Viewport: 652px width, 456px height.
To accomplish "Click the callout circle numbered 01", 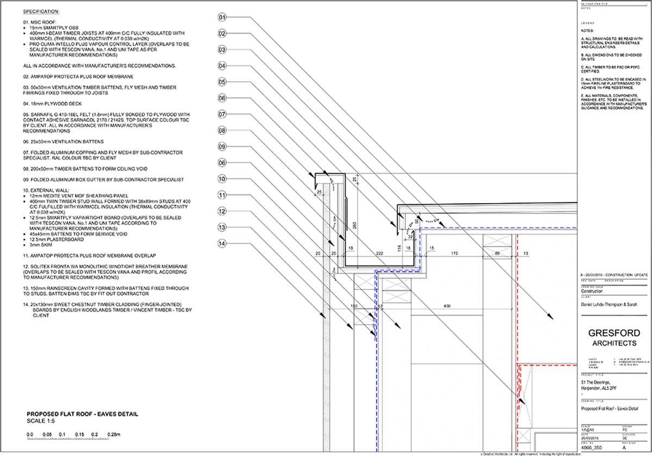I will coord(222,17).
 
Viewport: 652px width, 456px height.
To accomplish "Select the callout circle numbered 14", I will coord(222,244).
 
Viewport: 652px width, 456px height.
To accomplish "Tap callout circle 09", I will coord(222,147).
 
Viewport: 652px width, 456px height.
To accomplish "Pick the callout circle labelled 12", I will coord(222,211).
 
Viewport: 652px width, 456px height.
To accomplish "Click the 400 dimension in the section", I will coord(447,307).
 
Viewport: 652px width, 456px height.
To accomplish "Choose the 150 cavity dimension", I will coord(354,307).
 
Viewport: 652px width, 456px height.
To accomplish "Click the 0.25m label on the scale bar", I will coord(114,435).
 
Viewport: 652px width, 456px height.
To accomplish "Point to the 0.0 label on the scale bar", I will coord(30,435).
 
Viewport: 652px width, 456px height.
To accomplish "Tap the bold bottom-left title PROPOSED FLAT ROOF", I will coord(82,414).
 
